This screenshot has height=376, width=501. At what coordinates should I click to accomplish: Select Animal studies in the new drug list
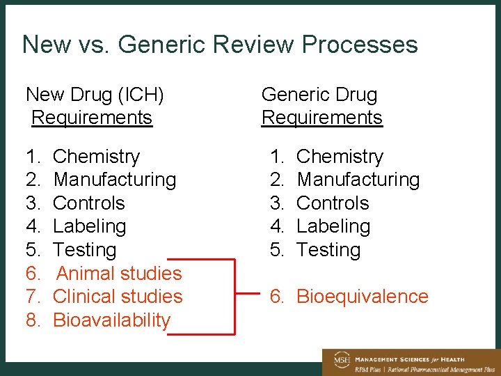point(119,273)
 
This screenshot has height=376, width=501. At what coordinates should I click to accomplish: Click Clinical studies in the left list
point(118,296)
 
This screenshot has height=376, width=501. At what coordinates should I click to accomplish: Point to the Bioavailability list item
point(111,320)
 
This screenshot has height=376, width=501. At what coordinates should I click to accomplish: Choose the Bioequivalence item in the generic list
point(362,296)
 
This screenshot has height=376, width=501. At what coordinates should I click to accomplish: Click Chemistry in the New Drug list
point(96,156)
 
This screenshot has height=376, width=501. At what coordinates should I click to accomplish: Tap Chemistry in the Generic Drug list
point(340,156)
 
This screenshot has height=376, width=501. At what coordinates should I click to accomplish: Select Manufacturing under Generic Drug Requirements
point(358,179)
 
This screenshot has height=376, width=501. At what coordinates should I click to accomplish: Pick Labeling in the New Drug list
point(89,226)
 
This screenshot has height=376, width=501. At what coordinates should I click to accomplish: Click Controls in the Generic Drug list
point(333,203)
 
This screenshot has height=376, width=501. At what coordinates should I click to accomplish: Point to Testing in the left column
point(84,249)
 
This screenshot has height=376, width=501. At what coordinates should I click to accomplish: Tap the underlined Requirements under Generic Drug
point(321,117)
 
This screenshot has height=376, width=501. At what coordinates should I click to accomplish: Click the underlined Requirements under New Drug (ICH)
point(92,117)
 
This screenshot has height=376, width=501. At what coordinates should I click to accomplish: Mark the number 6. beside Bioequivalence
point(278,296)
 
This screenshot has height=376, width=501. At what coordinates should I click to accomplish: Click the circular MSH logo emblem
point(342,360)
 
